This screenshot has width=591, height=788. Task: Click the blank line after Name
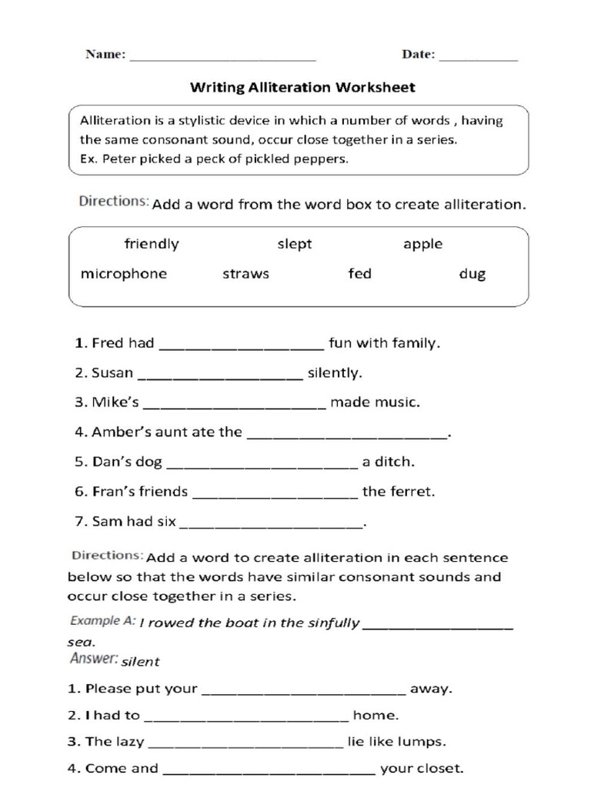(223, 58)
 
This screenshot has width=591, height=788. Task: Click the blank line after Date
(478, 58)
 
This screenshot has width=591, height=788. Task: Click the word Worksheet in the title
(375, 88)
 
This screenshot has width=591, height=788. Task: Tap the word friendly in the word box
(152, 245)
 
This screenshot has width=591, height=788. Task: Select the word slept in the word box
(295, 245)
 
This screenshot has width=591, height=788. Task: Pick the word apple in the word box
(422, 245)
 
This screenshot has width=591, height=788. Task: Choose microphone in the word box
(123, 274)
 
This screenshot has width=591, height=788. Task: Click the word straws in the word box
(245, 274)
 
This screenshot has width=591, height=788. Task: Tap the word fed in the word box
(359, 274)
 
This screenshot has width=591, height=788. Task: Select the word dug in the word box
(472, 274)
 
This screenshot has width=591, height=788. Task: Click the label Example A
(103, 620)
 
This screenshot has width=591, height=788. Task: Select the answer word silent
(141, 661)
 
